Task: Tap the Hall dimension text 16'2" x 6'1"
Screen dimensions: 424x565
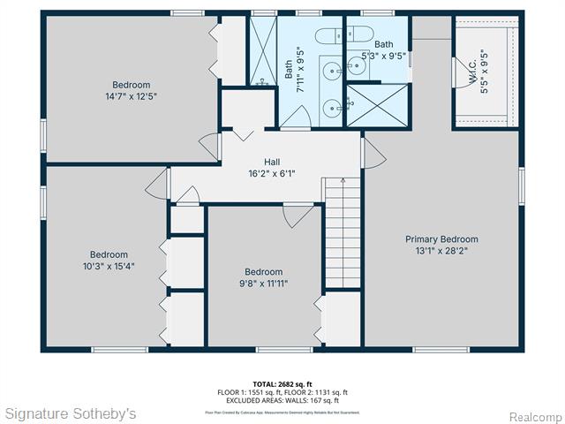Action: click(272, 174)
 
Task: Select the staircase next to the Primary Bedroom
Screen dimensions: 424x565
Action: click(343, 231)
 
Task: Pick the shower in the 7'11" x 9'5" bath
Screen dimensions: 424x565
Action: click(262, 51)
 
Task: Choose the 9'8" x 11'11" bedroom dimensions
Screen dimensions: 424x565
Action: click(263, 284)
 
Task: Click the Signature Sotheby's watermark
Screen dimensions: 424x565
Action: click(71, 413)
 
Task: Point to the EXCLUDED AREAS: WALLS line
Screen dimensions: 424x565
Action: click(282, 400)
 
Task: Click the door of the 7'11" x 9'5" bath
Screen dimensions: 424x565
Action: click(298, 117)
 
